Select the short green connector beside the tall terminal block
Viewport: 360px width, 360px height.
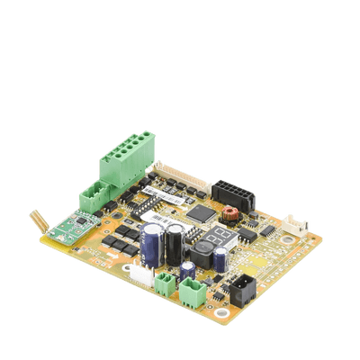(94, 194)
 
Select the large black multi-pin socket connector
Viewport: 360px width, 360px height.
(233, 193)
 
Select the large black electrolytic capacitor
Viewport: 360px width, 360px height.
(174, 242)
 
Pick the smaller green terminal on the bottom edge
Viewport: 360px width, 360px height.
(163, 285)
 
